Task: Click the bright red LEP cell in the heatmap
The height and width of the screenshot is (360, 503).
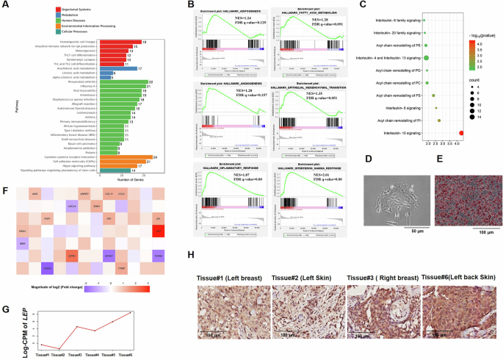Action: pos(157,232)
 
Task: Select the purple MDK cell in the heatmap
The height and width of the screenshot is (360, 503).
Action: pos(23,242)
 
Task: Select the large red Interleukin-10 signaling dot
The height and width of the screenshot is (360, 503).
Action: pos(460,133)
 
